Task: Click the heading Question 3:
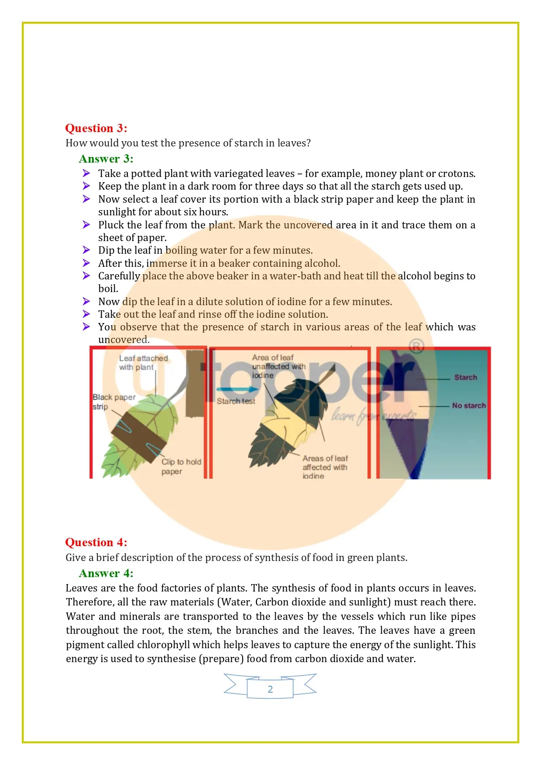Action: coord(96,128)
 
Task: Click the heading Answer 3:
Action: coord(106,159)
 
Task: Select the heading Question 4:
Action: coord(96,542)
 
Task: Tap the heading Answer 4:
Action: coord(106,573)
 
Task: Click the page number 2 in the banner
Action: coord(270,689)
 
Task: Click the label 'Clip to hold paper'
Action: coord(181,466)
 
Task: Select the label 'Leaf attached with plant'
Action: coord(143,363)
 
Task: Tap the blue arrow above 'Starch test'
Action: coord(237,389)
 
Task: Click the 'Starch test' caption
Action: coord(236,401)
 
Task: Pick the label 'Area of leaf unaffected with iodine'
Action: coord(278,367)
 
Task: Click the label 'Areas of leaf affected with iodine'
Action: coord(325,467)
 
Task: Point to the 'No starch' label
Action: coord(469,406)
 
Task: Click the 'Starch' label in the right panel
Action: coord(466,377)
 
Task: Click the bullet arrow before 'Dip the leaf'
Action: coord(86,250)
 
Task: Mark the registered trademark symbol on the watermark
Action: coord(417,347)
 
